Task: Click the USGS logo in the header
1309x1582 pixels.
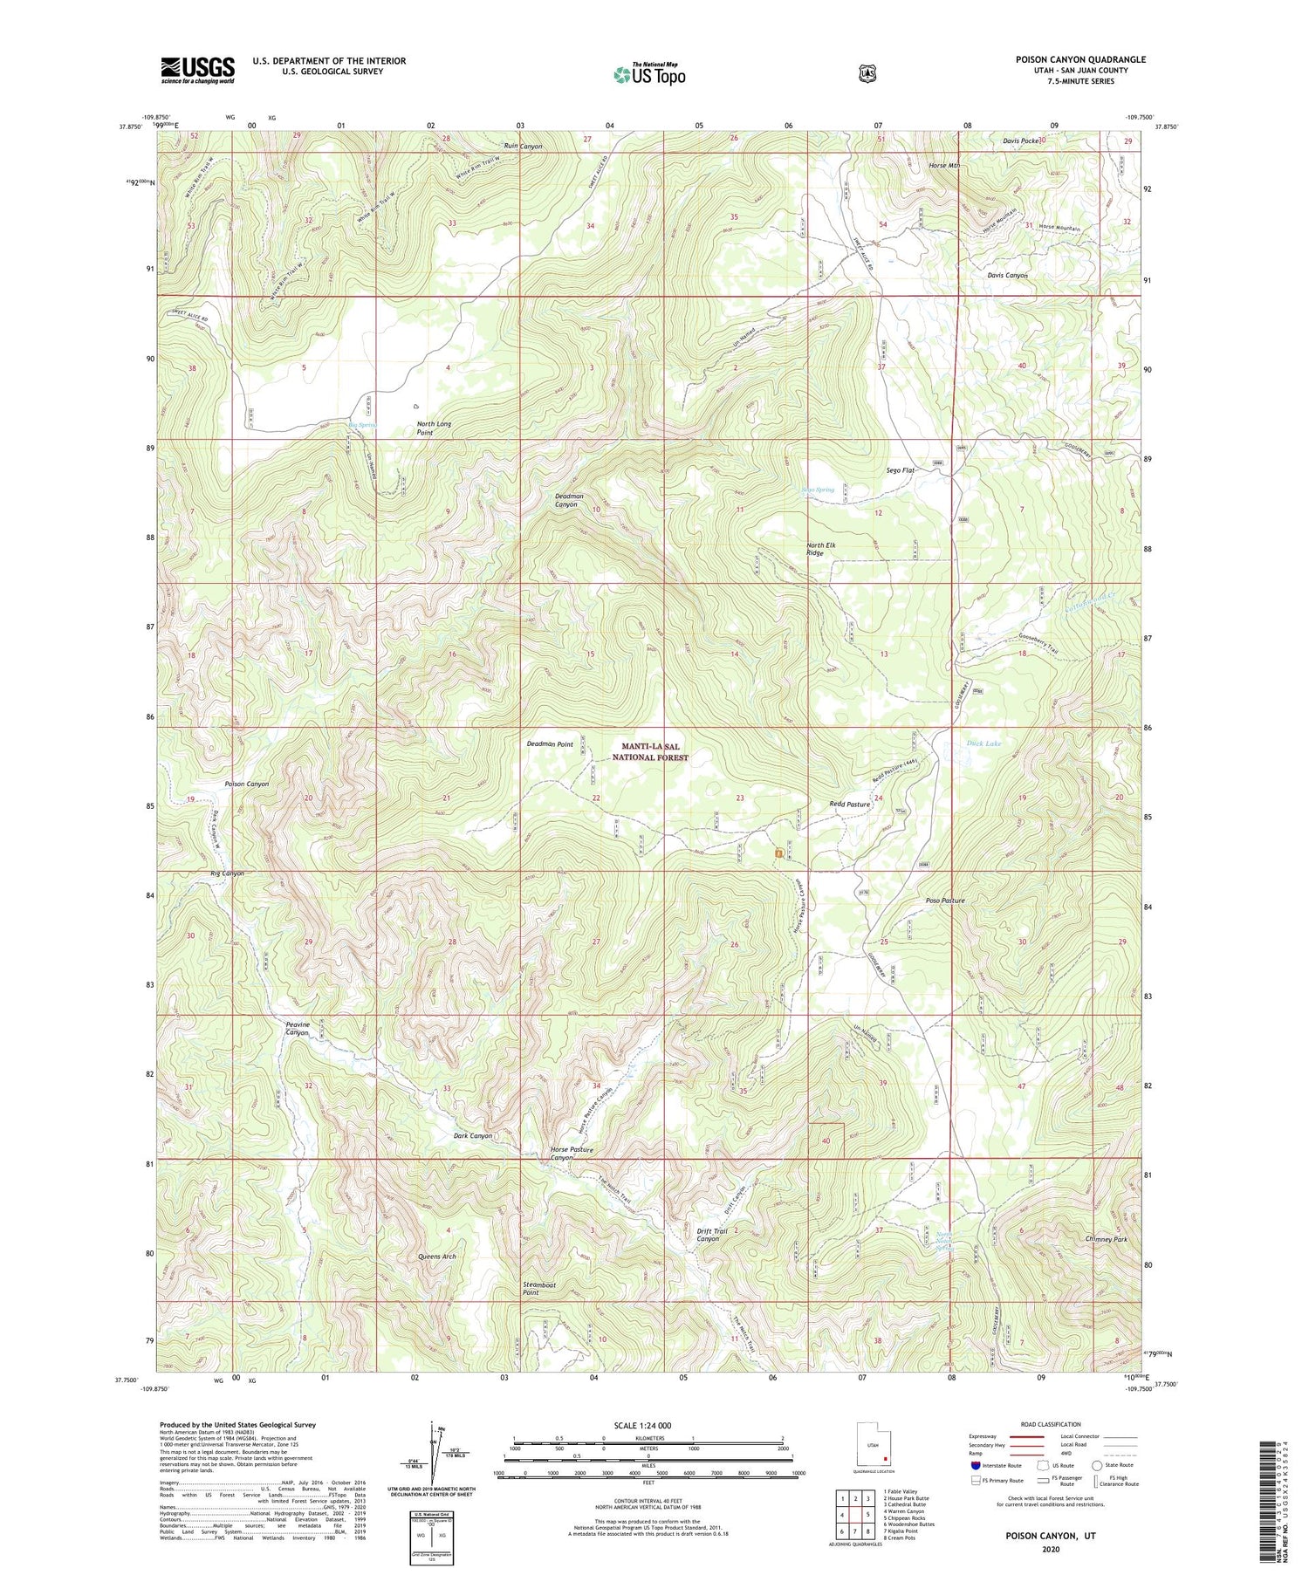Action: click(x=197, y=69)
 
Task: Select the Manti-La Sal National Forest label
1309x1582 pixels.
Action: click(x=649, y=752)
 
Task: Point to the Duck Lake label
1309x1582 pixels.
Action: click(x=983, y=743)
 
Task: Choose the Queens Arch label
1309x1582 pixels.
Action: click(x=437, y=1257)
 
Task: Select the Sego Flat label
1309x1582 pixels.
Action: click(x=900, y=470)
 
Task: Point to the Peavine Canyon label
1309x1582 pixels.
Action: click(x=298, y=1028)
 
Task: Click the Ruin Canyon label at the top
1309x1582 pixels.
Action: click(x=523, y=147)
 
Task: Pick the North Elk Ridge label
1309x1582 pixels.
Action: click(x=820, y=549)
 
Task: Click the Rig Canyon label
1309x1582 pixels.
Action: click(x=227, y=873)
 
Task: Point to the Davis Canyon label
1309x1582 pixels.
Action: click(x=1007, y=275)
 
